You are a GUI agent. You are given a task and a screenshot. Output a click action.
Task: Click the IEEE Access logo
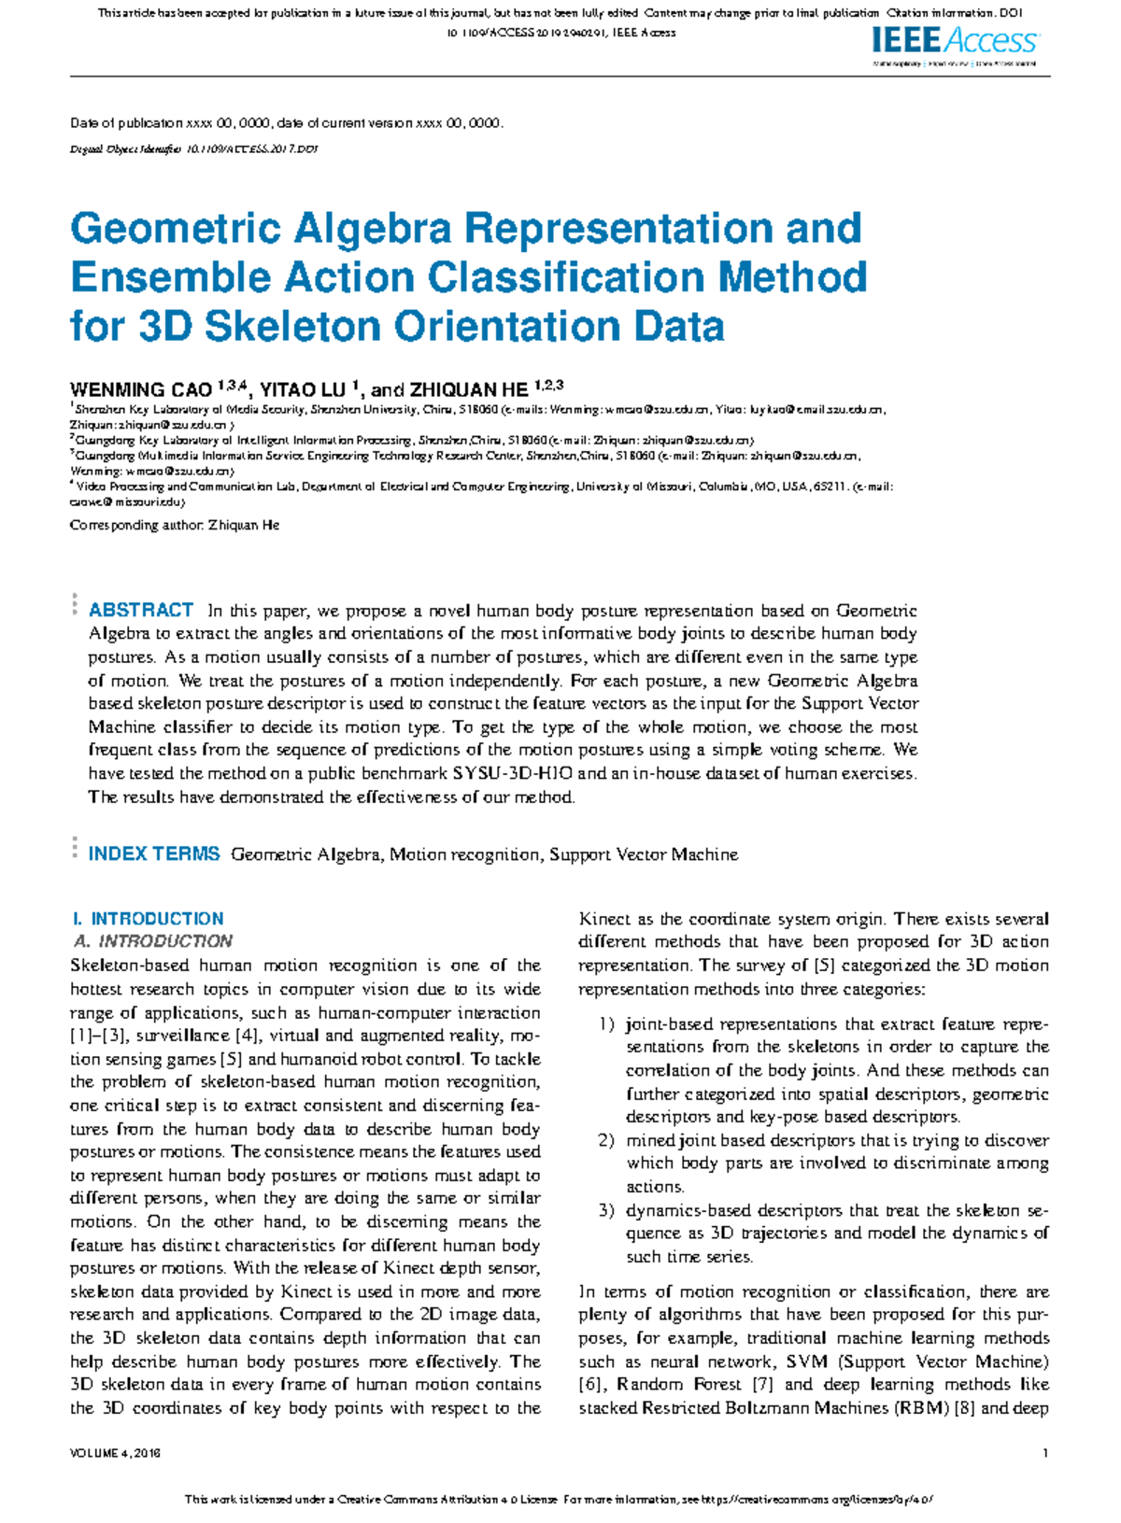point(954,41)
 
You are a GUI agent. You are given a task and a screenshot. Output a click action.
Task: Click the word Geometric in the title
point(175,229)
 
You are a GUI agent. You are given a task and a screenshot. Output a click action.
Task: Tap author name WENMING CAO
point(141,389)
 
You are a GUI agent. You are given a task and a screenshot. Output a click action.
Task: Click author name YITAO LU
point(302,389)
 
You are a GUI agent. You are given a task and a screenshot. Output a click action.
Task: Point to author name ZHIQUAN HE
point(469,389)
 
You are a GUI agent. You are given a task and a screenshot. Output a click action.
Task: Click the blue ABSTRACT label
point(141,611)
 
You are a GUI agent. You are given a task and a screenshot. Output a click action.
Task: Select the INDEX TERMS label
point(154,853)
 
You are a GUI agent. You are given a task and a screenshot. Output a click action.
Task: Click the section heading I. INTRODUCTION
point(149,919)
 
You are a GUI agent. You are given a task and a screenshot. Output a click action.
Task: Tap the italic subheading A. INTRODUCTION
point(153,941)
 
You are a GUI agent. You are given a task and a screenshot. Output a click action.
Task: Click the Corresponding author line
point(175,526)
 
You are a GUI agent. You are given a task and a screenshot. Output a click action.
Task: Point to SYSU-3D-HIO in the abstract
point(512,773)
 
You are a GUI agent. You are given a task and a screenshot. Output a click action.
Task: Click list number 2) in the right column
point(606,1141)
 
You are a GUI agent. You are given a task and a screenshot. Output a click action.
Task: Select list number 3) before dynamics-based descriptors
point(606,1211)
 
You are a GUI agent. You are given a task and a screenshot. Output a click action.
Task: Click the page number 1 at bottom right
point(1045,1453)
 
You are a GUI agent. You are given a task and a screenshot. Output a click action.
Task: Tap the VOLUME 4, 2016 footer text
point(116,1454)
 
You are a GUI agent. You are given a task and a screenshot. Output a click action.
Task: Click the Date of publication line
point(286,123)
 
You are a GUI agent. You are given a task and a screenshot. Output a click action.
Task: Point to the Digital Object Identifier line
point(194,148)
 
